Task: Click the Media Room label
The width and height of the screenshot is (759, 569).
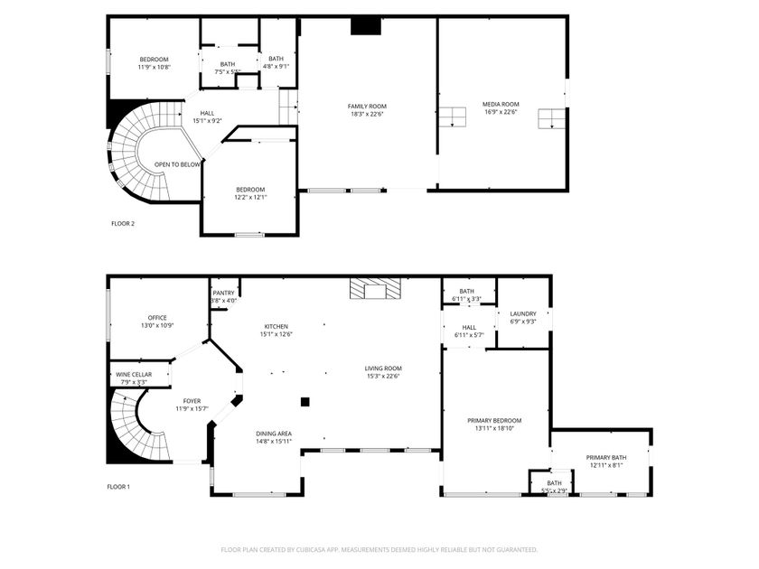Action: [501, 104]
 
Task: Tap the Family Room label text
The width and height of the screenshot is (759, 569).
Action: [367, 107]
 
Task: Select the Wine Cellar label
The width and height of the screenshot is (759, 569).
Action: [134, 375]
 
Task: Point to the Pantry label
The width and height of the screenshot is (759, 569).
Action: [224, 293]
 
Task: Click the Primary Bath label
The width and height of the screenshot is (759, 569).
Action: [606, 458]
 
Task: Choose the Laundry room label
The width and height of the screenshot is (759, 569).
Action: [523, 313]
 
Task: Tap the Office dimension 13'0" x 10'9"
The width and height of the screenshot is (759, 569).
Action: [157, 326]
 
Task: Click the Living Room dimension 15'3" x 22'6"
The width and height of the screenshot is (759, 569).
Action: [383, 376]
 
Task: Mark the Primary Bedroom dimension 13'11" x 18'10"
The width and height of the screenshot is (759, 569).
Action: [494, 428]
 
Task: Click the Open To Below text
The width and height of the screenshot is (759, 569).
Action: [177, 164]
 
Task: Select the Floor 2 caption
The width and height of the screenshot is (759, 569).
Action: [123, 224]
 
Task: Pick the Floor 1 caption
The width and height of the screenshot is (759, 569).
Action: [118, 487]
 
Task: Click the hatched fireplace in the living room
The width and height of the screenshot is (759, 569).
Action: [376, 288]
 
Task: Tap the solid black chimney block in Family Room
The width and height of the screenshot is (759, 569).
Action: [366, 26]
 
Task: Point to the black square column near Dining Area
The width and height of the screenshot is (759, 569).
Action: [305, 402]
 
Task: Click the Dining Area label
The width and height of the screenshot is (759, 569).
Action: [274, 434]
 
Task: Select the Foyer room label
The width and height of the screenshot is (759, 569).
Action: [192, 401]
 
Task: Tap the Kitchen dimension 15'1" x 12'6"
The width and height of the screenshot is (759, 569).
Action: [276, 334]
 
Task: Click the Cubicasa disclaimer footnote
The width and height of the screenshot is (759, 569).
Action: [379, 550]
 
